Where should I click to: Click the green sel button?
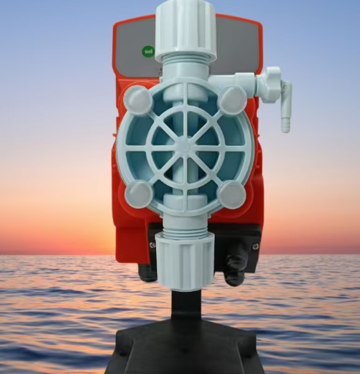(148, 51)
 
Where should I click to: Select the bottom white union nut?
(184, 261)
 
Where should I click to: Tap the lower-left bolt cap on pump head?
(139, 194)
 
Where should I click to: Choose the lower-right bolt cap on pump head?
(232, 194)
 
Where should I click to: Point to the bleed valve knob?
(269, 85)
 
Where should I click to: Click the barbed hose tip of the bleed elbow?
(285, 124)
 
